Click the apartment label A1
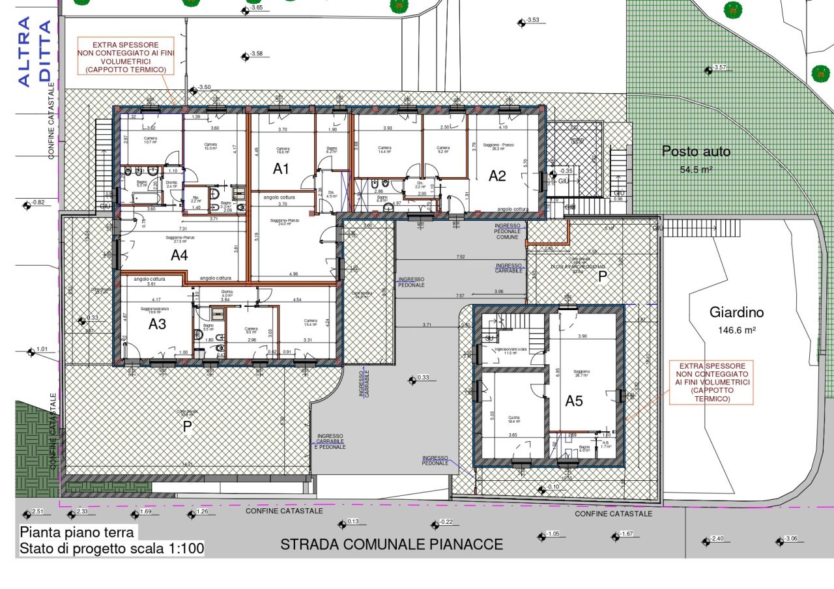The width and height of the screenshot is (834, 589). click(281, 169)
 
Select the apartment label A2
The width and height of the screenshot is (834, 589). click(498, 175)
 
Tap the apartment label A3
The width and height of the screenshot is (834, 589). click(158, 324)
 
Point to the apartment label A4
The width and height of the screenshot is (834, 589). click(179, 256)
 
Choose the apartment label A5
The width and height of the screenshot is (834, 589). click(573, 401)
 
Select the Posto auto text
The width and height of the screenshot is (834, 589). click(696, 152)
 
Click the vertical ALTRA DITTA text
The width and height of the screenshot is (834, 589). click(34, 52)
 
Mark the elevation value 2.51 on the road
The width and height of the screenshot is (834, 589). click(36, 512)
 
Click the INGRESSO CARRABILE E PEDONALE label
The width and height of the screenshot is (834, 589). click(330, 441)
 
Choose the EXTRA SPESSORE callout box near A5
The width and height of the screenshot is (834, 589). click(712, 382)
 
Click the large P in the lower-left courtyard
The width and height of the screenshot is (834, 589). click(187, 426)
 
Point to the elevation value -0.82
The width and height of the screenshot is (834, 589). click(38, 203)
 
